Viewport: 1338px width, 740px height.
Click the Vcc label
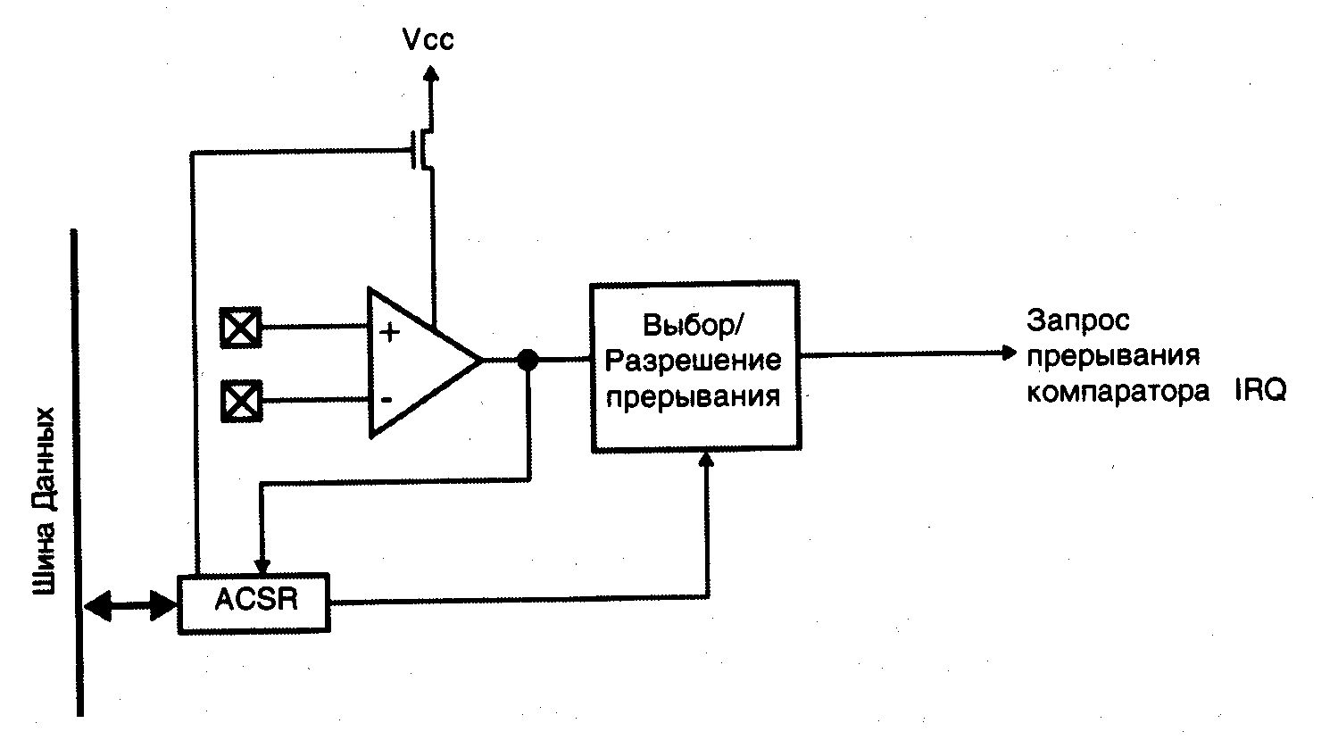coord(428,41)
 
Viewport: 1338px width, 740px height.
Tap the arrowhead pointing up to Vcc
coord(431,78)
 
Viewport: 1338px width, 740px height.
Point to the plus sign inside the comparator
coord(390,332)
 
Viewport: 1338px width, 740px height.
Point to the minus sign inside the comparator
coord(386,398)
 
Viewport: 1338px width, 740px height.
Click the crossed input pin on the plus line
coord(240,328)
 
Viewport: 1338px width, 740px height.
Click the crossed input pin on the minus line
coord(240,400)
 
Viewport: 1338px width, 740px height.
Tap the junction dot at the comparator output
coord(528,360)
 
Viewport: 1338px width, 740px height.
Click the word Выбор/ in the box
coord(693,326)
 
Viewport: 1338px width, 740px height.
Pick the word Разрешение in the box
coord(694,361)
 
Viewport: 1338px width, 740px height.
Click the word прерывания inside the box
coord(694,395)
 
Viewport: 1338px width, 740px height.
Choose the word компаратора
coord(1118,392)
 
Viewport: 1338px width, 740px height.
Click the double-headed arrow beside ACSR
coord(130,606)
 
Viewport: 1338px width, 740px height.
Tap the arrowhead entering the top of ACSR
coord(262,565)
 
